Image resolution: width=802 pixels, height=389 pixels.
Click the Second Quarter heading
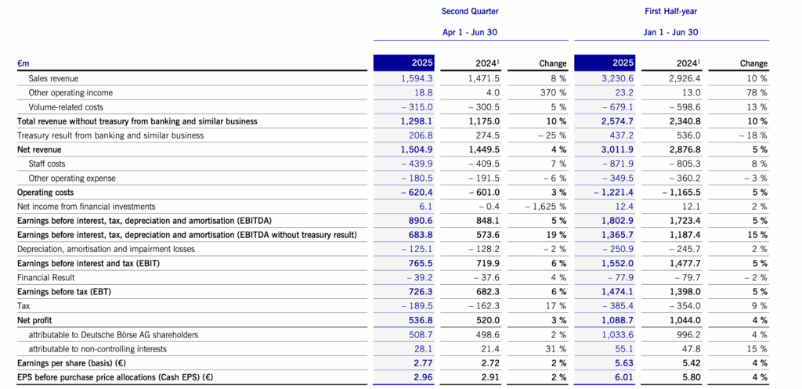point(470,11)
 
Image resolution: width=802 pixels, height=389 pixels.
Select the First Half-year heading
point(671,11)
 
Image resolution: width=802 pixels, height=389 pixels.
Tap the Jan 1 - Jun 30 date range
point(671,32)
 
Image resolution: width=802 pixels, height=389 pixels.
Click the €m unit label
point(23,64)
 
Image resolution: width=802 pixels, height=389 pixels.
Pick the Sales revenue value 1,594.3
point(418,79)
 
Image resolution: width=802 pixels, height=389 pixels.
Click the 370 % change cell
point(553,93)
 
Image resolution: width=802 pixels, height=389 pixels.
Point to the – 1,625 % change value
point(546,207)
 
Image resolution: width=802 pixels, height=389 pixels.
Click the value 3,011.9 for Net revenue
point(620,149)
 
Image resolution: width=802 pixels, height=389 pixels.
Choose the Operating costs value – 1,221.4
point(615,193)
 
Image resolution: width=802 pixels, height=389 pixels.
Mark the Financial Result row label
point(46,278)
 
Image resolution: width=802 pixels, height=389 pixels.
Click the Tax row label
point(23,306)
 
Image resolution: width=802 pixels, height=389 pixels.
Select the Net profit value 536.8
point(423,320)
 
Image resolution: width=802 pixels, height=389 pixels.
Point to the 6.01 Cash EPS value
point(627,378)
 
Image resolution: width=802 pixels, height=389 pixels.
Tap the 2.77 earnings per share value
point(426,363)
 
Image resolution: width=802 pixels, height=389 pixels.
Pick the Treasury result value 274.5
point(489,135)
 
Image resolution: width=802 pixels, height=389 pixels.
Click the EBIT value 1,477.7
point(685,264)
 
